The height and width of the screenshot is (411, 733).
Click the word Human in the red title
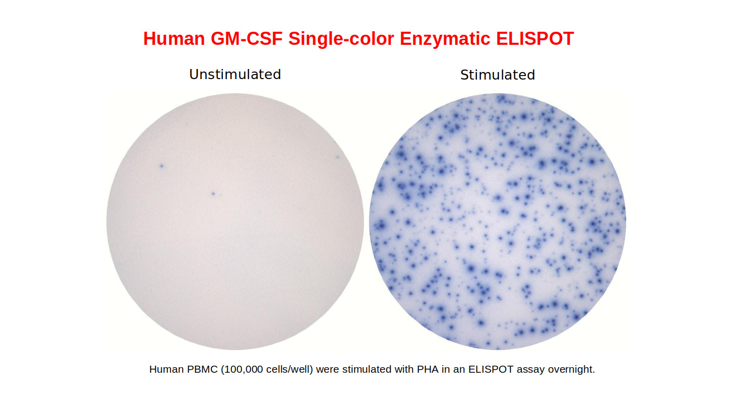[174, 39]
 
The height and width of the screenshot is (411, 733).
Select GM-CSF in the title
[247, 39]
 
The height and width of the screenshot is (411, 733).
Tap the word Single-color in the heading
[341, 39]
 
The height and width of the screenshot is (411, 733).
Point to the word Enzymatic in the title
[445, 39]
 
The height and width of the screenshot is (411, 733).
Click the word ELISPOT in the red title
[535, 39]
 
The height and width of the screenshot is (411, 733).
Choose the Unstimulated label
[235, 75]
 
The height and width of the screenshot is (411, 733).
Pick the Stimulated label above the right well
[498, 75]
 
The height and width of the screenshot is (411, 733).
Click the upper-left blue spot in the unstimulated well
[161, 166]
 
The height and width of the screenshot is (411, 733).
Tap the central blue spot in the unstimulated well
[213, 194]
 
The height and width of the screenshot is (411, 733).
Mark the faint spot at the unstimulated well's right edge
[338, 157]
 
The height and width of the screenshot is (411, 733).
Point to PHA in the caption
[427, 369]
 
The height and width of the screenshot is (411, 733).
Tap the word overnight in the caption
[571, 370]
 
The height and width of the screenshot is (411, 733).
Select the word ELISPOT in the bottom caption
[491, 369]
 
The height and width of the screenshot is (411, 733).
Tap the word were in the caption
[328, 370]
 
